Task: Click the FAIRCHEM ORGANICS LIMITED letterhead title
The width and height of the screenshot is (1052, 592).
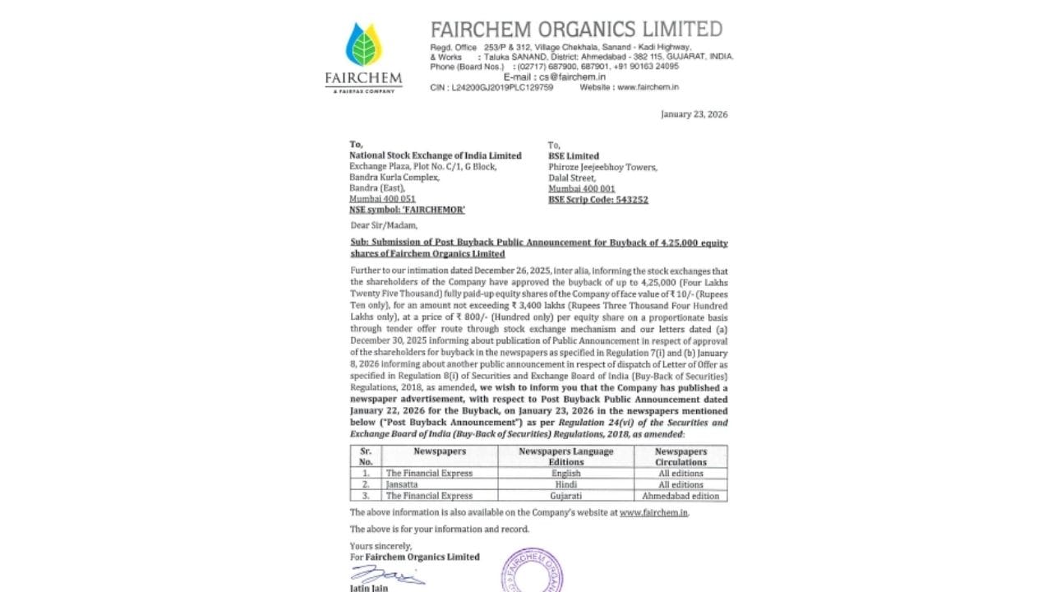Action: tap(576, 30)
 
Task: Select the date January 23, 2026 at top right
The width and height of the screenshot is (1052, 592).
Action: tap(694, 114)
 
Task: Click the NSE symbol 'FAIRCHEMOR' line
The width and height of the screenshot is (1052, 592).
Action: tap(407, 210)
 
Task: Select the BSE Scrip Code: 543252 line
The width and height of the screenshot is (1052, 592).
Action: tap(598, 200)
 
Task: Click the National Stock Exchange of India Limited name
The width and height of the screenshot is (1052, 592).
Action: tap(435, 155)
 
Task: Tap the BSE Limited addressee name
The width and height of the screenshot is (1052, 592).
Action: tap(573, 155)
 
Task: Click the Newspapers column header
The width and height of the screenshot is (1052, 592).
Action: tap(439, 451)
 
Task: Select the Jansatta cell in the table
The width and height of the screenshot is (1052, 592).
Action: tap(402, 484)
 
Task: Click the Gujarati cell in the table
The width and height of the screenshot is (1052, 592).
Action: tap(565, 496)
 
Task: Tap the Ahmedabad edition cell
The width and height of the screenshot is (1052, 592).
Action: tap(681, 496)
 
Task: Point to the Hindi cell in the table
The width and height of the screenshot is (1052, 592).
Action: tap(565, 484)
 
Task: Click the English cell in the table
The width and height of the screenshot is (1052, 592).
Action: tap(565, 474)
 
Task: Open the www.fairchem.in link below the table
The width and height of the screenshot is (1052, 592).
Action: tap(653, 512)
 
